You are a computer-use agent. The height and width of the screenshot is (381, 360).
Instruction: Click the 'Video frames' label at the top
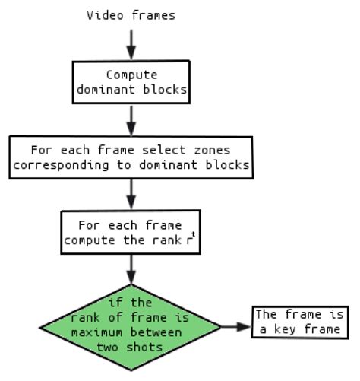pos(131,14)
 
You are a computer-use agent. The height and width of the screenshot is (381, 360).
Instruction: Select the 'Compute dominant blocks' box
pos(131,81)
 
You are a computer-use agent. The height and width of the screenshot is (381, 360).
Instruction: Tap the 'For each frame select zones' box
pos(131,157)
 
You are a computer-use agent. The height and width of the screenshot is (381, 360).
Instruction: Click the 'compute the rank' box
pos(131,232)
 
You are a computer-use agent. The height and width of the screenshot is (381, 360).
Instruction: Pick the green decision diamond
pos(131,326)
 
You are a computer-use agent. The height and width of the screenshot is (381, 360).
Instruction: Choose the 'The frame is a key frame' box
pos(300,322)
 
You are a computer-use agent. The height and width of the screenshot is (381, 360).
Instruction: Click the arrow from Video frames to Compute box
pos(131,43)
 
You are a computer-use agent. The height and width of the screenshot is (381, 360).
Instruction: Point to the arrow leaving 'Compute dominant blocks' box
pos(131,119)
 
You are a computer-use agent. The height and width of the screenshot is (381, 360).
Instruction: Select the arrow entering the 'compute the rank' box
pos(131,194)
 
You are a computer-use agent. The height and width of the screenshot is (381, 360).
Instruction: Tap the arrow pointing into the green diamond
pos(131,268)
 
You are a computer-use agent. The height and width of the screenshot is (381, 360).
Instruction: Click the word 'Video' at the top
pos(102,14)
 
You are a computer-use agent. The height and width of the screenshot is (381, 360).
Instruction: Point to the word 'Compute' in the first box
pos(131,75)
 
